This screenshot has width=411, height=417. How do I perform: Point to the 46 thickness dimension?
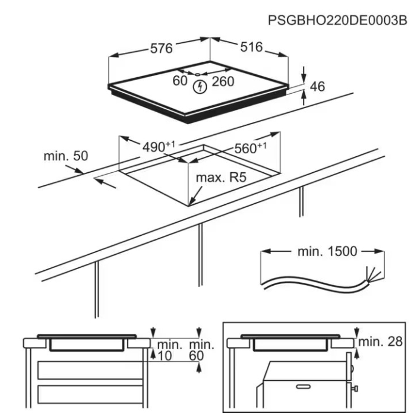click(318, 87)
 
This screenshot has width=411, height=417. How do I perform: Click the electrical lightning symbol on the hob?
click(201, 88)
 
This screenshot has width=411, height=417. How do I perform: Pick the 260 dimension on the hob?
click(223, 81)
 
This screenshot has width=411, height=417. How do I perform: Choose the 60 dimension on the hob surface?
click(180, 81)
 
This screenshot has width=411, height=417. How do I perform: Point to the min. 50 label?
click(65, 156)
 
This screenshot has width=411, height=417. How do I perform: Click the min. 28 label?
click(380, 343)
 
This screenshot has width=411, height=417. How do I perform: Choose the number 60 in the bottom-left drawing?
click(197, 355)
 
